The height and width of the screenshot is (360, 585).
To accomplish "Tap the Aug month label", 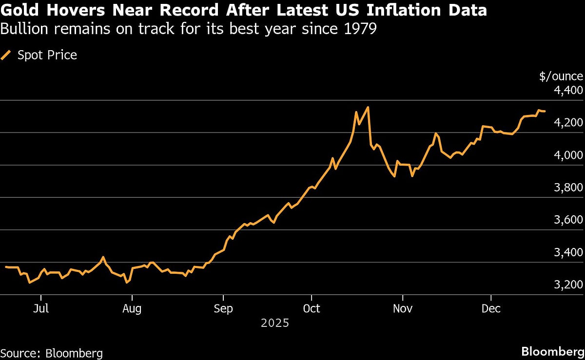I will click(x=132, y=308).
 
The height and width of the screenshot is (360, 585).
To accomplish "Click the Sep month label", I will click(x=223, y=308).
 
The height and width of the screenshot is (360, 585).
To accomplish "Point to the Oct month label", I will click(x=312, y=308).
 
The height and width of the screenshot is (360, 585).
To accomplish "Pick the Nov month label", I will click(x=403, y=308).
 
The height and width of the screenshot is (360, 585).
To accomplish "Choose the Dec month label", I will click(x=491, y=308).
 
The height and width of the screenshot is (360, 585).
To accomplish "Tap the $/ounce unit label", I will click(x=561, y=76).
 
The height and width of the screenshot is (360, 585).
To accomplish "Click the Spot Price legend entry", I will click(x=47, y=55).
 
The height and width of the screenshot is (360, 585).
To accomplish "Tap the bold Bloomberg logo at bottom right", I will click(x=553, y=352).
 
